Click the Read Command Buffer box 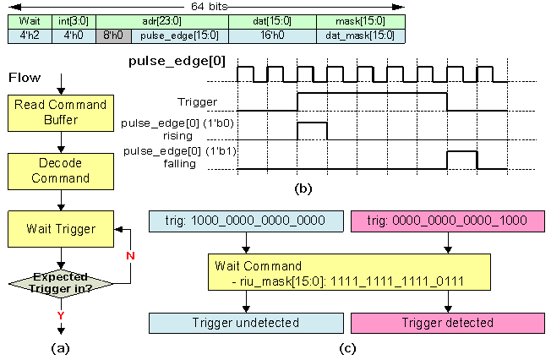click(x=59, y=112)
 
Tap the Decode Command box click(x=59, y=171)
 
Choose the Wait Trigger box click(x=59, y=227)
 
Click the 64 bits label click(x=211, y=6)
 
